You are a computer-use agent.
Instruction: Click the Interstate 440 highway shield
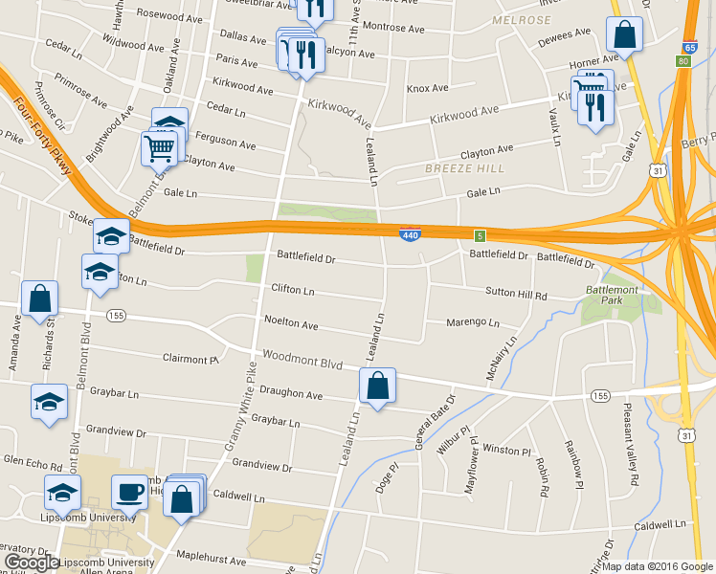409,233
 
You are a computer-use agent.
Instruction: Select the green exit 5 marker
479,234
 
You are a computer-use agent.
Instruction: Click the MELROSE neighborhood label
521,19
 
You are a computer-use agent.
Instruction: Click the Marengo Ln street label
473,322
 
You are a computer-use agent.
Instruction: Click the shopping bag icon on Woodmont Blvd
377,386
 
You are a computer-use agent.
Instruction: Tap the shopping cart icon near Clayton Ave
159,147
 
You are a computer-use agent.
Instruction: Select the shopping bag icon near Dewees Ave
624,35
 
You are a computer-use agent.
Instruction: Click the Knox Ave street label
427,89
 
